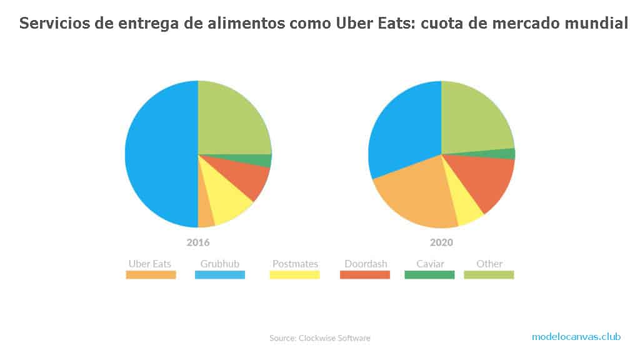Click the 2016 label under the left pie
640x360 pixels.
[197, 242]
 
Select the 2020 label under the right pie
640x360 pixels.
[441, 242]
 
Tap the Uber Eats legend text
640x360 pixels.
[150, 264]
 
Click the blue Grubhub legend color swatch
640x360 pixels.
[220, 274]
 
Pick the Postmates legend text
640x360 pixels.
[295, 264]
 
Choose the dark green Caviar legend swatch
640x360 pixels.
[429, 274]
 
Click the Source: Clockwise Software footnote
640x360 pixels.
[319, 338]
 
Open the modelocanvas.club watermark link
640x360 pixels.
[576, 336]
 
